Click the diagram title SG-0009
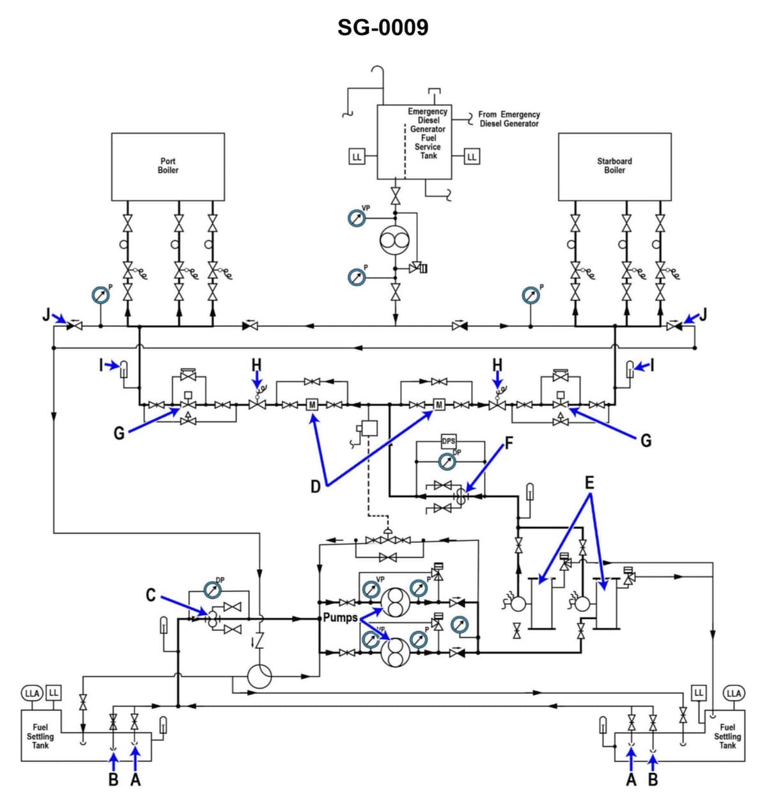coord(383,27)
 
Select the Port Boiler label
coord(168,166)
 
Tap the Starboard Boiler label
coord(614,166)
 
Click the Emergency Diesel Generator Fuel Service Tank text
coord(428,133)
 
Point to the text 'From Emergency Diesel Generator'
coord(509,119)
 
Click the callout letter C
coord(151,595)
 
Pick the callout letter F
coord(509,443)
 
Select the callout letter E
coord(589,482)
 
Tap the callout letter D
coord(315,487)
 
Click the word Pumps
coord(340,618)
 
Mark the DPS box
coord(449,441)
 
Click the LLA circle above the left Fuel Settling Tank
coord(31,693)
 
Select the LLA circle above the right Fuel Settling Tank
coord(733,693)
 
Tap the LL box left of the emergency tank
coord(357,156)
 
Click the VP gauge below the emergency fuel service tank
coord(357,218)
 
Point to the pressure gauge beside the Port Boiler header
coord(100,295)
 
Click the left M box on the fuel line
coord(313,404)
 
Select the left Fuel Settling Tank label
coord(40,736)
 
